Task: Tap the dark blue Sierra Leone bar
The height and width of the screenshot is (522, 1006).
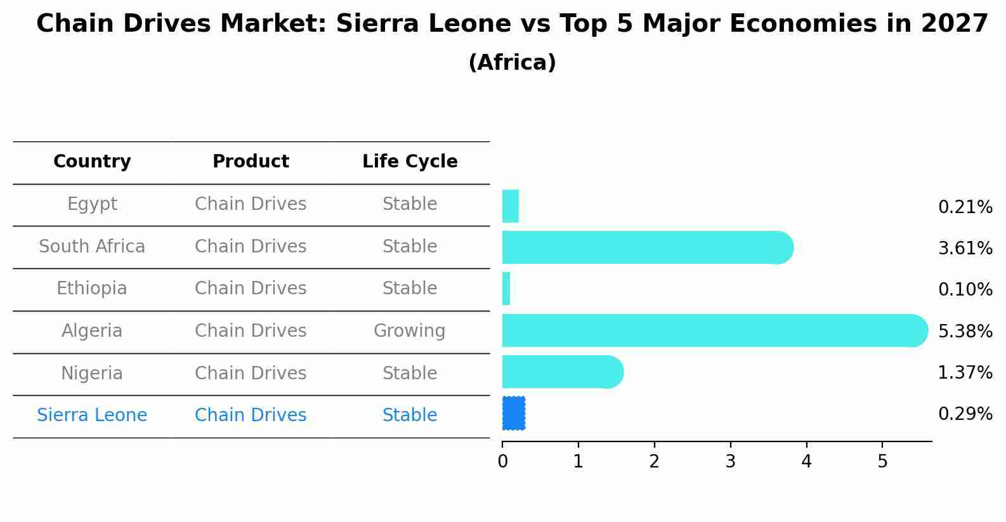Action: point(513,414)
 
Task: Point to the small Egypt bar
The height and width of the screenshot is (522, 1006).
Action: point(510,206)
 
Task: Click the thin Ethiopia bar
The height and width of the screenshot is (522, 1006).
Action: point(506,289)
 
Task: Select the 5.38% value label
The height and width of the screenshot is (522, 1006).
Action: point(965,331)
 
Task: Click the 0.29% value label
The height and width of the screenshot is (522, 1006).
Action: point(965,414)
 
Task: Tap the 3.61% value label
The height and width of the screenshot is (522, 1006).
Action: point(965,248)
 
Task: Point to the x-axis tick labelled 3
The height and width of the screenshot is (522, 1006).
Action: point(730,462)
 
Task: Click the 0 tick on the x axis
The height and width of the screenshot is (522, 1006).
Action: point(502,462)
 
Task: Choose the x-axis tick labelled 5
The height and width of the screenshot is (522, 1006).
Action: point(882,462)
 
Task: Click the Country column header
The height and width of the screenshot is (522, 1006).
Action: point(92,162)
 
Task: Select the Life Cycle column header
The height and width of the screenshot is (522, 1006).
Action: point(410,162)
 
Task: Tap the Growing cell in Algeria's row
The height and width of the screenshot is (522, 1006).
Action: point(409,331)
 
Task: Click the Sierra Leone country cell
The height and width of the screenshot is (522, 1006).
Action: point(92,415)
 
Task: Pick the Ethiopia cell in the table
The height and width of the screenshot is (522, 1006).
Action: point(92,289)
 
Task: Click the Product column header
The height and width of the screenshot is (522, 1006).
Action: point(251,162)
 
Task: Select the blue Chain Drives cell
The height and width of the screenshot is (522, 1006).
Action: point(251,415)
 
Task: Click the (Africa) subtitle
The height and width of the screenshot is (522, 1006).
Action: point(512,63)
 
